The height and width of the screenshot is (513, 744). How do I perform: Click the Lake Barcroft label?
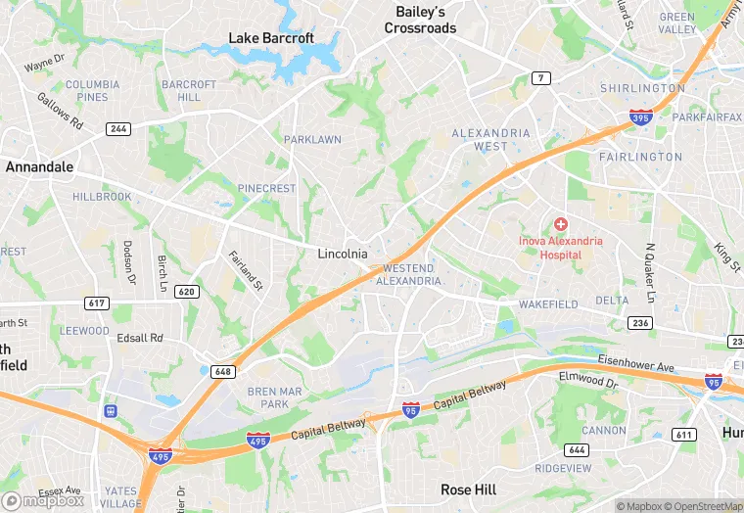pyautogui.click(x=271, y=38)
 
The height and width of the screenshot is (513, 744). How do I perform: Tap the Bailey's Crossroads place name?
pyautogui.click(x=420, y=20)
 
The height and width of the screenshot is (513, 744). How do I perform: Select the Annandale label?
pyautogui.click(x=39, y=167)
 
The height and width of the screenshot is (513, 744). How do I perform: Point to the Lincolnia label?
pyautogui.click(x=343, y=254)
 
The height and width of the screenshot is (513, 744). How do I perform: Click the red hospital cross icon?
pyautogui.click(x=561, y=224)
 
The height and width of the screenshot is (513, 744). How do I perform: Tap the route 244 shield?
pyautogui.click(x=119, y=128)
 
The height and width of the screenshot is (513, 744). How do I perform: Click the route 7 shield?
pyautogui.click(x=542, y=77)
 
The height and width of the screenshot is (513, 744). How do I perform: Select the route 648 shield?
pyautogui.click(x=222, y=371)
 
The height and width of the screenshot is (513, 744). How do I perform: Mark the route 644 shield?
pyautogui.click(x=577, y=449)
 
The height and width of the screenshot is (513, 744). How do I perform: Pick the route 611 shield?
pyautogui.click(x=684, y=434)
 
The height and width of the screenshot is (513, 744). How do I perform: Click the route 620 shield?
pyautogui.click(x=187, y=292)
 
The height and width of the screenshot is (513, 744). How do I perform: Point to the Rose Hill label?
pyautogui.click(x=468, y=490)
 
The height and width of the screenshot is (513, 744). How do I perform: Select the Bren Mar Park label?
pyautogui.click(x=268, y=396)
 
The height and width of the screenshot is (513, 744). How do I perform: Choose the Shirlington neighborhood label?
pyautogui.click(x=642, y=88)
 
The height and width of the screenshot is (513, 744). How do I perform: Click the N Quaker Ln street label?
pyautogui.click(x=648, y=273)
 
